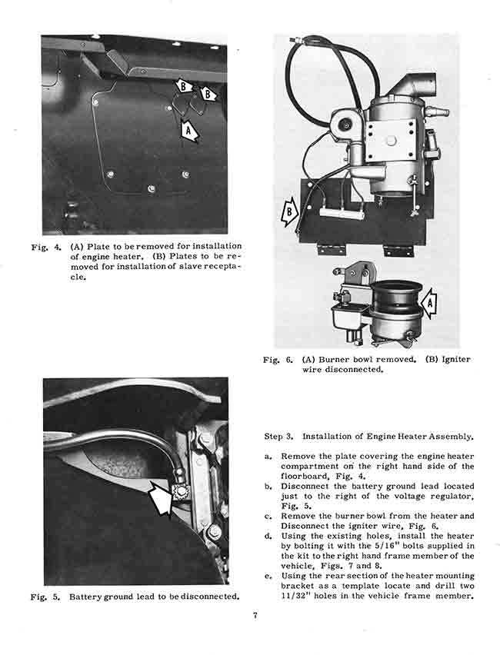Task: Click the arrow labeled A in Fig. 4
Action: click(188, 131)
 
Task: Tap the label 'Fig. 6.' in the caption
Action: click(275, 359)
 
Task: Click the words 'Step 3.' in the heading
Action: click(278, 437)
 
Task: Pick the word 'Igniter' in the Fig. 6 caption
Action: click(455, 359)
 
